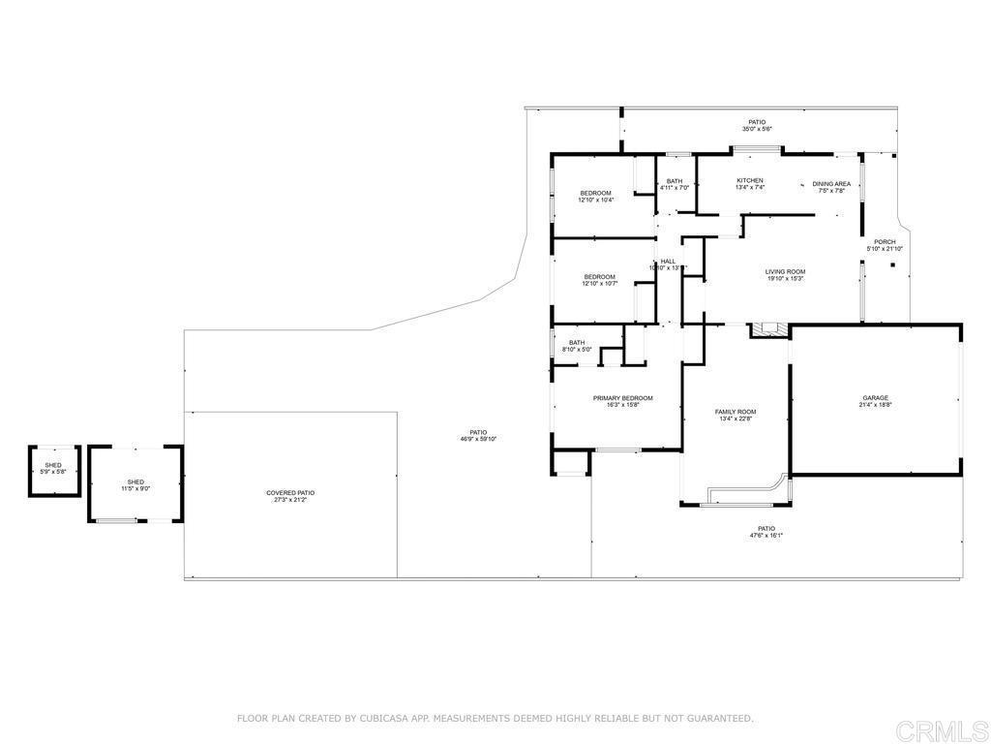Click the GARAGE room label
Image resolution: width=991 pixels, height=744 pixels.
(x=875, y=397)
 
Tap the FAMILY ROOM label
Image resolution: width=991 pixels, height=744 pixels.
(x=736, y=412)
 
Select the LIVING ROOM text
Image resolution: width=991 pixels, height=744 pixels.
(x=785, y=271)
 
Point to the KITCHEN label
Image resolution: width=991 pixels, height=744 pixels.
(x=750, y=180)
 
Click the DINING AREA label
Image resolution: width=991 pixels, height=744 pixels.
(x=831, y=183)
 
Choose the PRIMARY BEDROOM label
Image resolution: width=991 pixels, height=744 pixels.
(x=622, y=398)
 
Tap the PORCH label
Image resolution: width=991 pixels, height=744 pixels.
(x=885, y=242)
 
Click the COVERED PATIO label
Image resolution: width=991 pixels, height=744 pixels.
(x=290, y=493)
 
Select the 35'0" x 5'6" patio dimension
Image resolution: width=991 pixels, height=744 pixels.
(x=757, y=129)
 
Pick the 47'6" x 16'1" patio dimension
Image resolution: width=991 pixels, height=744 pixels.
(x=766, y=535)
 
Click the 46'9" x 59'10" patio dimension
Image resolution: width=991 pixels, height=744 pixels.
(x=478, y=439)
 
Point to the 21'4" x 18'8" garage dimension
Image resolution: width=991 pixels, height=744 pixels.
(x=875, y=404)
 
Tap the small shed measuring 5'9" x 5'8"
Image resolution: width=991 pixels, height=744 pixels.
(x=52, y=469)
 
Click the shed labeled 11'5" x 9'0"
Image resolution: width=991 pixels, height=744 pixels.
(x=135, y=484)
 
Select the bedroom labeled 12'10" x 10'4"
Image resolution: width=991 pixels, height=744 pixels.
(x=596, y=197)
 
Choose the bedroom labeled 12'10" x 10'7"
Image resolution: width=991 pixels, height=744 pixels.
(x=599, y=280)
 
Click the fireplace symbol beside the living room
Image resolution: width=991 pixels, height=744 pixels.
(x=768, y=329)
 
